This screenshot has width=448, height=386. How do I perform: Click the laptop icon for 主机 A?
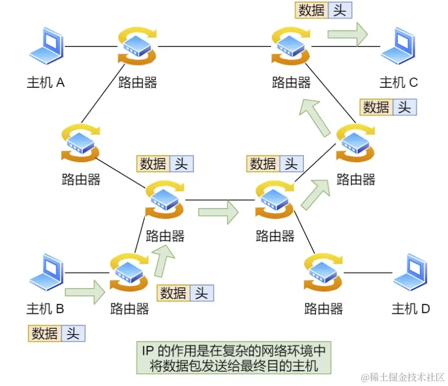coord(46,46)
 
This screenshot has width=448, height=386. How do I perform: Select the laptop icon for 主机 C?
coord(399,46)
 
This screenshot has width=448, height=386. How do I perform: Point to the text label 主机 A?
coord(46,82)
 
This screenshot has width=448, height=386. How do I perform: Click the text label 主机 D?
coord(411,309)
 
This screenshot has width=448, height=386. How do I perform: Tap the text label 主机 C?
coord(399,82)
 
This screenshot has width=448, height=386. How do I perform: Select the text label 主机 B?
coord(45,309)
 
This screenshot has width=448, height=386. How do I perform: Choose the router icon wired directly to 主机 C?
coord(291,46)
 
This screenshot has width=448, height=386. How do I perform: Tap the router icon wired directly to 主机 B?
coord(129,271)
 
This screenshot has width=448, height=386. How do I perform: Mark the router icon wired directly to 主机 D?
coord(323,272)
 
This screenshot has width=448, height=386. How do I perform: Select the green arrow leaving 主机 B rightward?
coord(85,292)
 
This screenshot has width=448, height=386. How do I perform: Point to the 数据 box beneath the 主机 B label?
coord(45,333)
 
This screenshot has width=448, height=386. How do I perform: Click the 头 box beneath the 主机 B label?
coord(73,333)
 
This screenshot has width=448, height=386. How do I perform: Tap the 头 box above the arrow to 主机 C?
coord(340,10)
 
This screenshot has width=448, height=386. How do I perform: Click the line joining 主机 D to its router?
coord(369,272)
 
